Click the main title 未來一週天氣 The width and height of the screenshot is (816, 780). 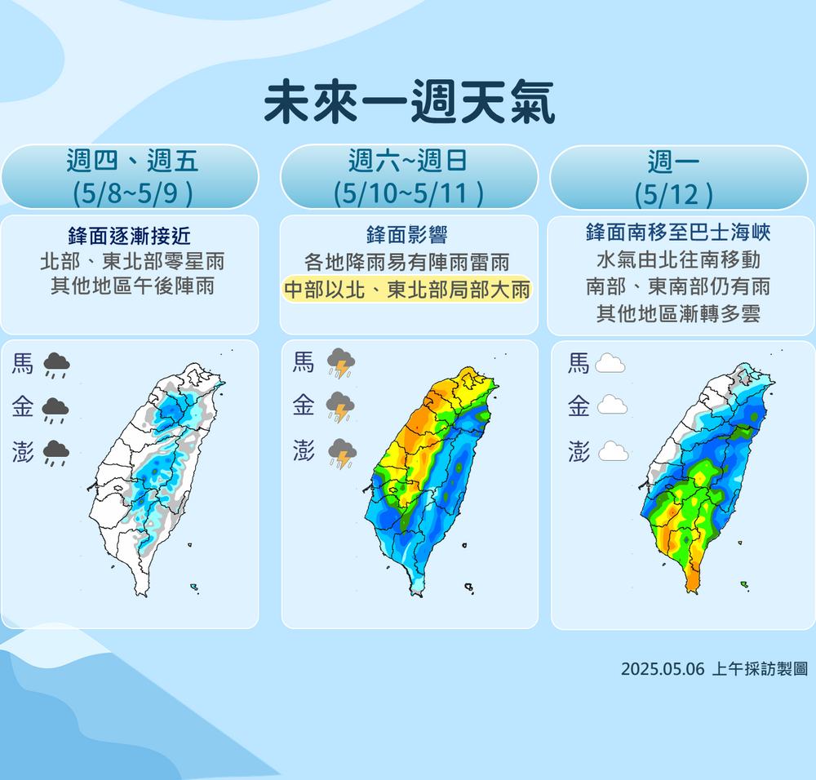click(408, 102)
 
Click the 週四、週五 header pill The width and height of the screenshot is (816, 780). click(131, 176)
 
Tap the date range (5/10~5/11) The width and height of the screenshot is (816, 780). click(408, 194)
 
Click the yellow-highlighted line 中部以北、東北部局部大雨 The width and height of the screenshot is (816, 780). click(406, 290)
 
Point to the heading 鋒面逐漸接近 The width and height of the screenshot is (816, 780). click(131, 237)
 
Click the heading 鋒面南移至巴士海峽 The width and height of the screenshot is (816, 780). click(677, 233)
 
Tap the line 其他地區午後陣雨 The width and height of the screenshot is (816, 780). click(131, 286)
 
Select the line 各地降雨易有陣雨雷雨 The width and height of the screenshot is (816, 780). click(406, 263)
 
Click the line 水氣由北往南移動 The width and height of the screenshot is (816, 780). click(677, 259)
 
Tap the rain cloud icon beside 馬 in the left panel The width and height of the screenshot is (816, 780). click(55, 365)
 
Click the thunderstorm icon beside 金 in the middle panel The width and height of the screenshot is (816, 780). click(339, 406)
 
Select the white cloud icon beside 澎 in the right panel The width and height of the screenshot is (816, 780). click(613, 451)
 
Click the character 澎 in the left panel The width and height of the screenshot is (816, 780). click(23, 451)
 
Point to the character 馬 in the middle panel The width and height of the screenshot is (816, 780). click(304, 361)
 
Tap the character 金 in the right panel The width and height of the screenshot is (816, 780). click(579, 406)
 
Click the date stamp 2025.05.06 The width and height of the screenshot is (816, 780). click(662, 669)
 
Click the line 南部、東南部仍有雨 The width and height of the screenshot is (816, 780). click(677, 286)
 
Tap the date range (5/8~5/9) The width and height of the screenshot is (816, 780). click(131, 194)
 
